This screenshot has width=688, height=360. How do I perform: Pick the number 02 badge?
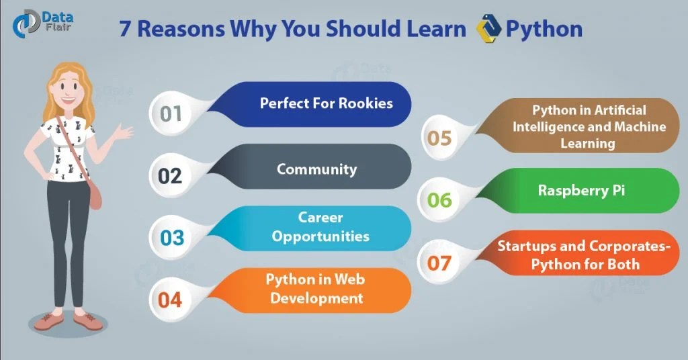point(171,175)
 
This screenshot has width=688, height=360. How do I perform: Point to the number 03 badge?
point(171,238)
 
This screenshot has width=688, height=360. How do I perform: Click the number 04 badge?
point(171,300)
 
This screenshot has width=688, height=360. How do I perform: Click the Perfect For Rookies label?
point(327,104)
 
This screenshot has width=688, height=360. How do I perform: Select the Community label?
point(317,169)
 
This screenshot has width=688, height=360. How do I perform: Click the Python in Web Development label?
point(316,289)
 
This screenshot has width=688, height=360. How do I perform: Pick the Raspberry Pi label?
point(582,190)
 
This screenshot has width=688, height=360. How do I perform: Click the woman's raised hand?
point(124,132)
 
